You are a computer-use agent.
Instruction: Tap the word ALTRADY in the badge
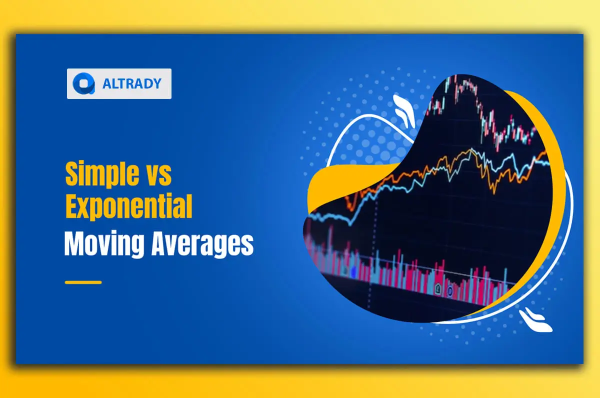(x=132, y=83)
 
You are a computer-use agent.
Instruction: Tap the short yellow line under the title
(x=83, y=282)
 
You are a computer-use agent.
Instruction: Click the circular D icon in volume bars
(x=449, y=290)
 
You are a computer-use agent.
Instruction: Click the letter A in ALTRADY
(x=106, y=83)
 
